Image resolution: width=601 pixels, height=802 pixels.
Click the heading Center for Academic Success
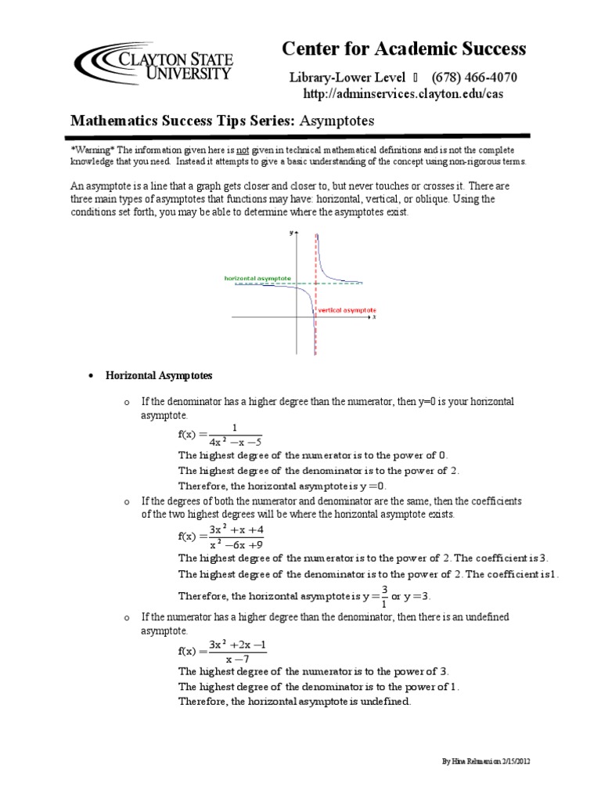pos(404,49)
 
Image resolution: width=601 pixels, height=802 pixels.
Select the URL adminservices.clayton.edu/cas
pos(403,94)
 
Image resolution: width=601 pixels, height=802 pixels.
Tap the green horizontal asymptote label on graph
pos(257,278)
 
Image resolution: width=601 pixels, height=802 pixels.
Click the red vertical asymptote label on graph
pos(347,310)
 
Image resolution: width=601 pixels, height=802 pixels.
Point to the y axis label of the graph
pos(290,233)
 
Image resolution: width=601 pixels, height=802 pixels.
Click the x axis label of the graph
pos(375,317)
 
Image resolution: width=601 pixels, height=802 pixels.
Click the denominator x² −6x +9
pos(236,544)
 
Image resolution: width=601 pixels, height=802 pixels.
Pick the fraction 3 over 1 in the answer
pos(384,595)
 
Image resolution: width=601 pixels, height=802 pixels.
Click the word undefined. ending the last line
pos(382,701)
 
